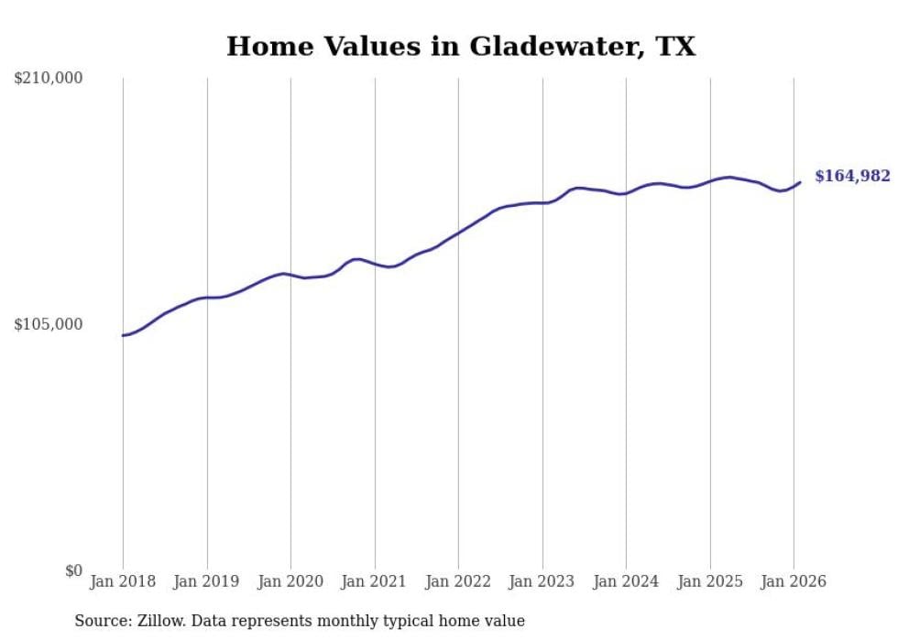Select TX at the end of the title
(x=675, y=46)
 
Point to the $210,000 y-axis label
(x=48, y=79)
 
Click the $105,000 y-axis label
(x=48, y=324)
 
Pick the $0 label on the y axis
(x=73, y=570)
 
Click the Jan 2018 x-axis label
(x=123, y=582)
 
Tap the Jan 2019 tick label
(x=207, y=582)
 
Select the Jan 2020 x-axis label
(x=290, y=582)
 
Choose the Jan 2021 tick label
(x=375, y=582)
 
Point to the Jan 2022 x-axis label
(x=458, y=582)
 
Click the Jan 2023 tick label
(x=542, y=582)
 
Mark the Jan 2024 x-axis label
(x=626, y=582)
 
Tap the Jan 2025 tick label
(x=710, y=582)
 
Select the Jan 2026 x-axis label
(x=794, y=582)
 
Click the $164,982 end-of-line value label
(x=852, y=176)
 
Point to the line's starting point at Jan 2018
(x=123, y=335)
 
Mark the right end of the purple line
(x=800, y=182)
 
